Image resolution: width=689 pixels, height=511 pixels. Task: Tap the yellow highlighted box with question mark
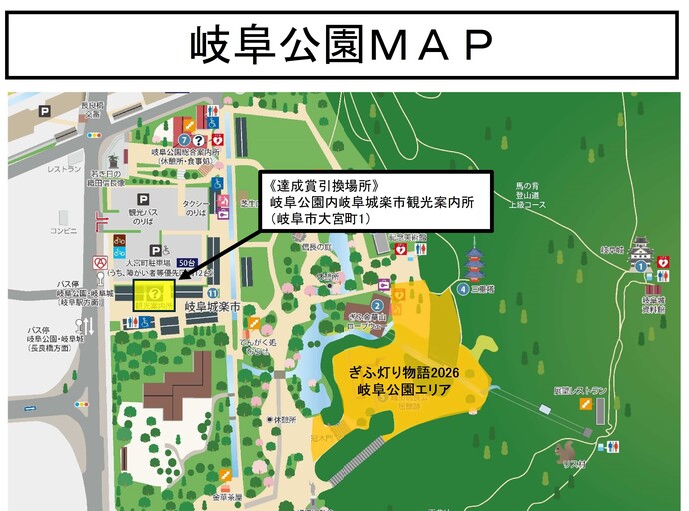(x=155, y=293)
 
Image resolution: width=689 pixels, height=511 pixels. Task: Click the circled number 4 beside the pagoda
(x=463, y=289)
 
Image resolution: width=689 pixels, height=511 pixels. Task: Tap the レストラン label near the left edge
(x=64, y=169)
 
